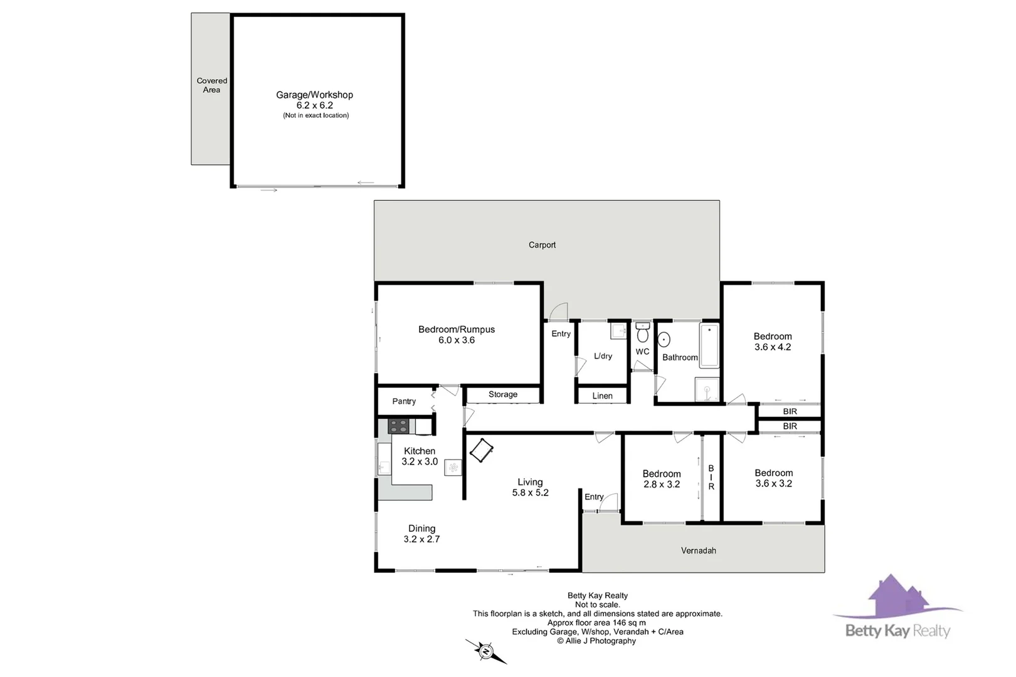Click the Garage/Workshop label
314,95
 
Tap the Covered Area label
212,85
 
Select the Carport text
542,245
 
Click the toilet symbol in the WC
642,333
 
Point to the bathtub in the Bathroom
709,345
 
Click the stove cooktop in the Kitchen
398,427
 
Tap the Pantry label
404,401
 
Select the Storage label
503,394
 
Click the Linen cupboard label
602,396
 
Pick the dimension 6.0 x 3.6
457,340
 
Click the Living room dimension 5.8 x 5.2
530,493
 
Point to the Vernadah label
698,550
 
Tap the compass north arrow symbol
486,652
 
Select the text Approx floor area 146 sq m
596,622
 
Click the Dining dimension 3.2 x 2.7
421,539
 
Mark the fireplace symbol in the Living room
481,450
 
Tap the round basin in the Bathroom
664,339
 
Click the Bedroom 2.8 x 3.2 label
661,479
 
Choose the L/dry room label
603,356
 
